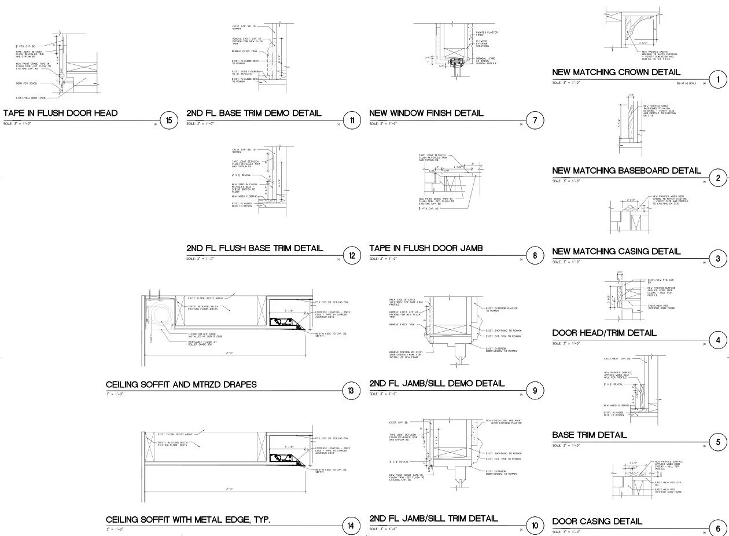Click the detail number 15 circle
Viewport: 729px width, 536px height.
pos(168,120)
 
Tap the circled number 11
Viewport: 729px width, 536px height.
pos(352,120)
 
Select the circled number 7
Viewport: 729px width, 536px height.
pos(535,120)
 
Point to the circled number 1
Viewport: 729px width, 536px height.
pos(718,80)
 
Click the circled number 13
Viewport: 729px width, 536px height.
pos(351,392)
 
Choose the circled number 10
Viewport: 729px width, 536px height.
pos(535,526)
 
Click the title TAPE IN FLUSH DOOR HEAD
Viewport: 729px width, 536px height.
pos(61,113)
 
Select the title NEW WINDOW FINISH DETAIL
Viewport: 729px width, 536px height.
pos(426,113)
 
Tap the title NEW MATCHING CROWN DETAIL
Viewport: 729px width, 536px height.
pos(616,72)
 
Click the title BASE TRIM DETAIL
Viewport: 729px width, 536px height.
pos(590,435)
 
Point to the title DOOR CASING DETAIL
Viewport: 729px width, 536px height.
pos(597,522)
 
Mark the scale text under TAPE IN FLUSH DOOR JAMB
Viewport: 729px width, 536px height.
pos(383,258)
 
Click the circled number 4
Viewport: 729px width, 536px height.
pos(718,340)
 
